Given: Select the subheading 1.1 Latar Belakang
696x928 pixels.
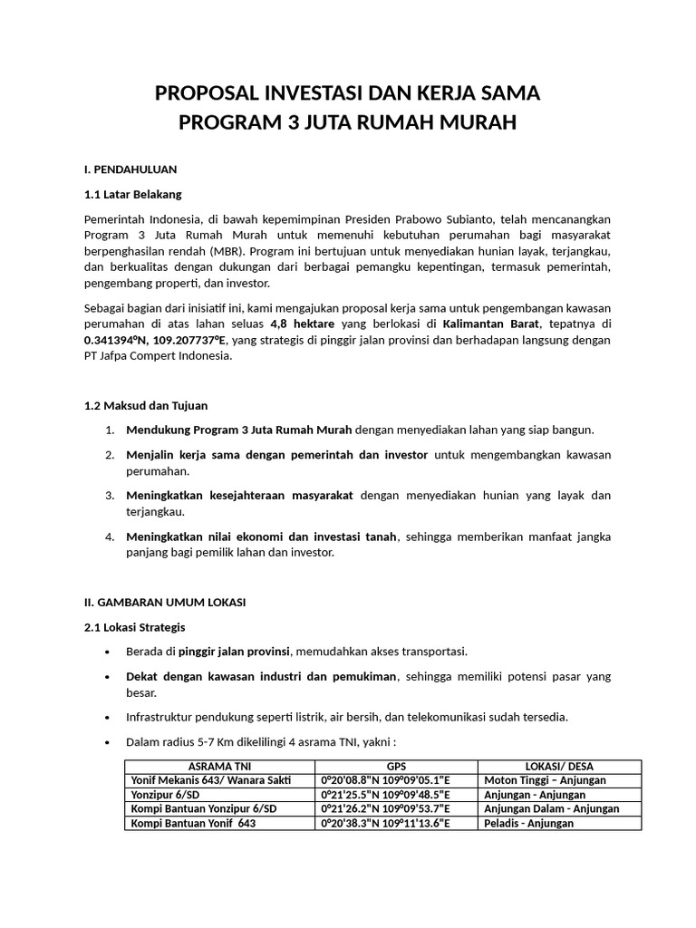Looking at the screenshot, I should pyautogui.click(x=132, y=194).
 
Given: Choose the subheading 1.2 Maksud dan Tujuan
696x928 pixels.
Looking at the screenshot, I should pyautogui.click(x=146, y=405).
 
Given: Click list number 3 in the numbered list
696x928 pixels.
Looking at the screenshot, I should pyautogui.click(x=109, y=495).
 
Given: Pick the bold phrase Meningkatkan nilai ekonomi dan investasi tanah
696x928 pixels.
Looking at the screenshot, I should pyautogui.click(x=262, y=536).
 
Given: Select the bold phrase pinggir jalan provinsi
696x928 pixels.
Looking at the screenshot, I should pyautogui.click(x=234, y=651).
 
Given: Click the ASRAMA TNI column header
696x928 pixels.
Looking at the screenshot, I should pyautogui.click(x=219, y=766).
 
